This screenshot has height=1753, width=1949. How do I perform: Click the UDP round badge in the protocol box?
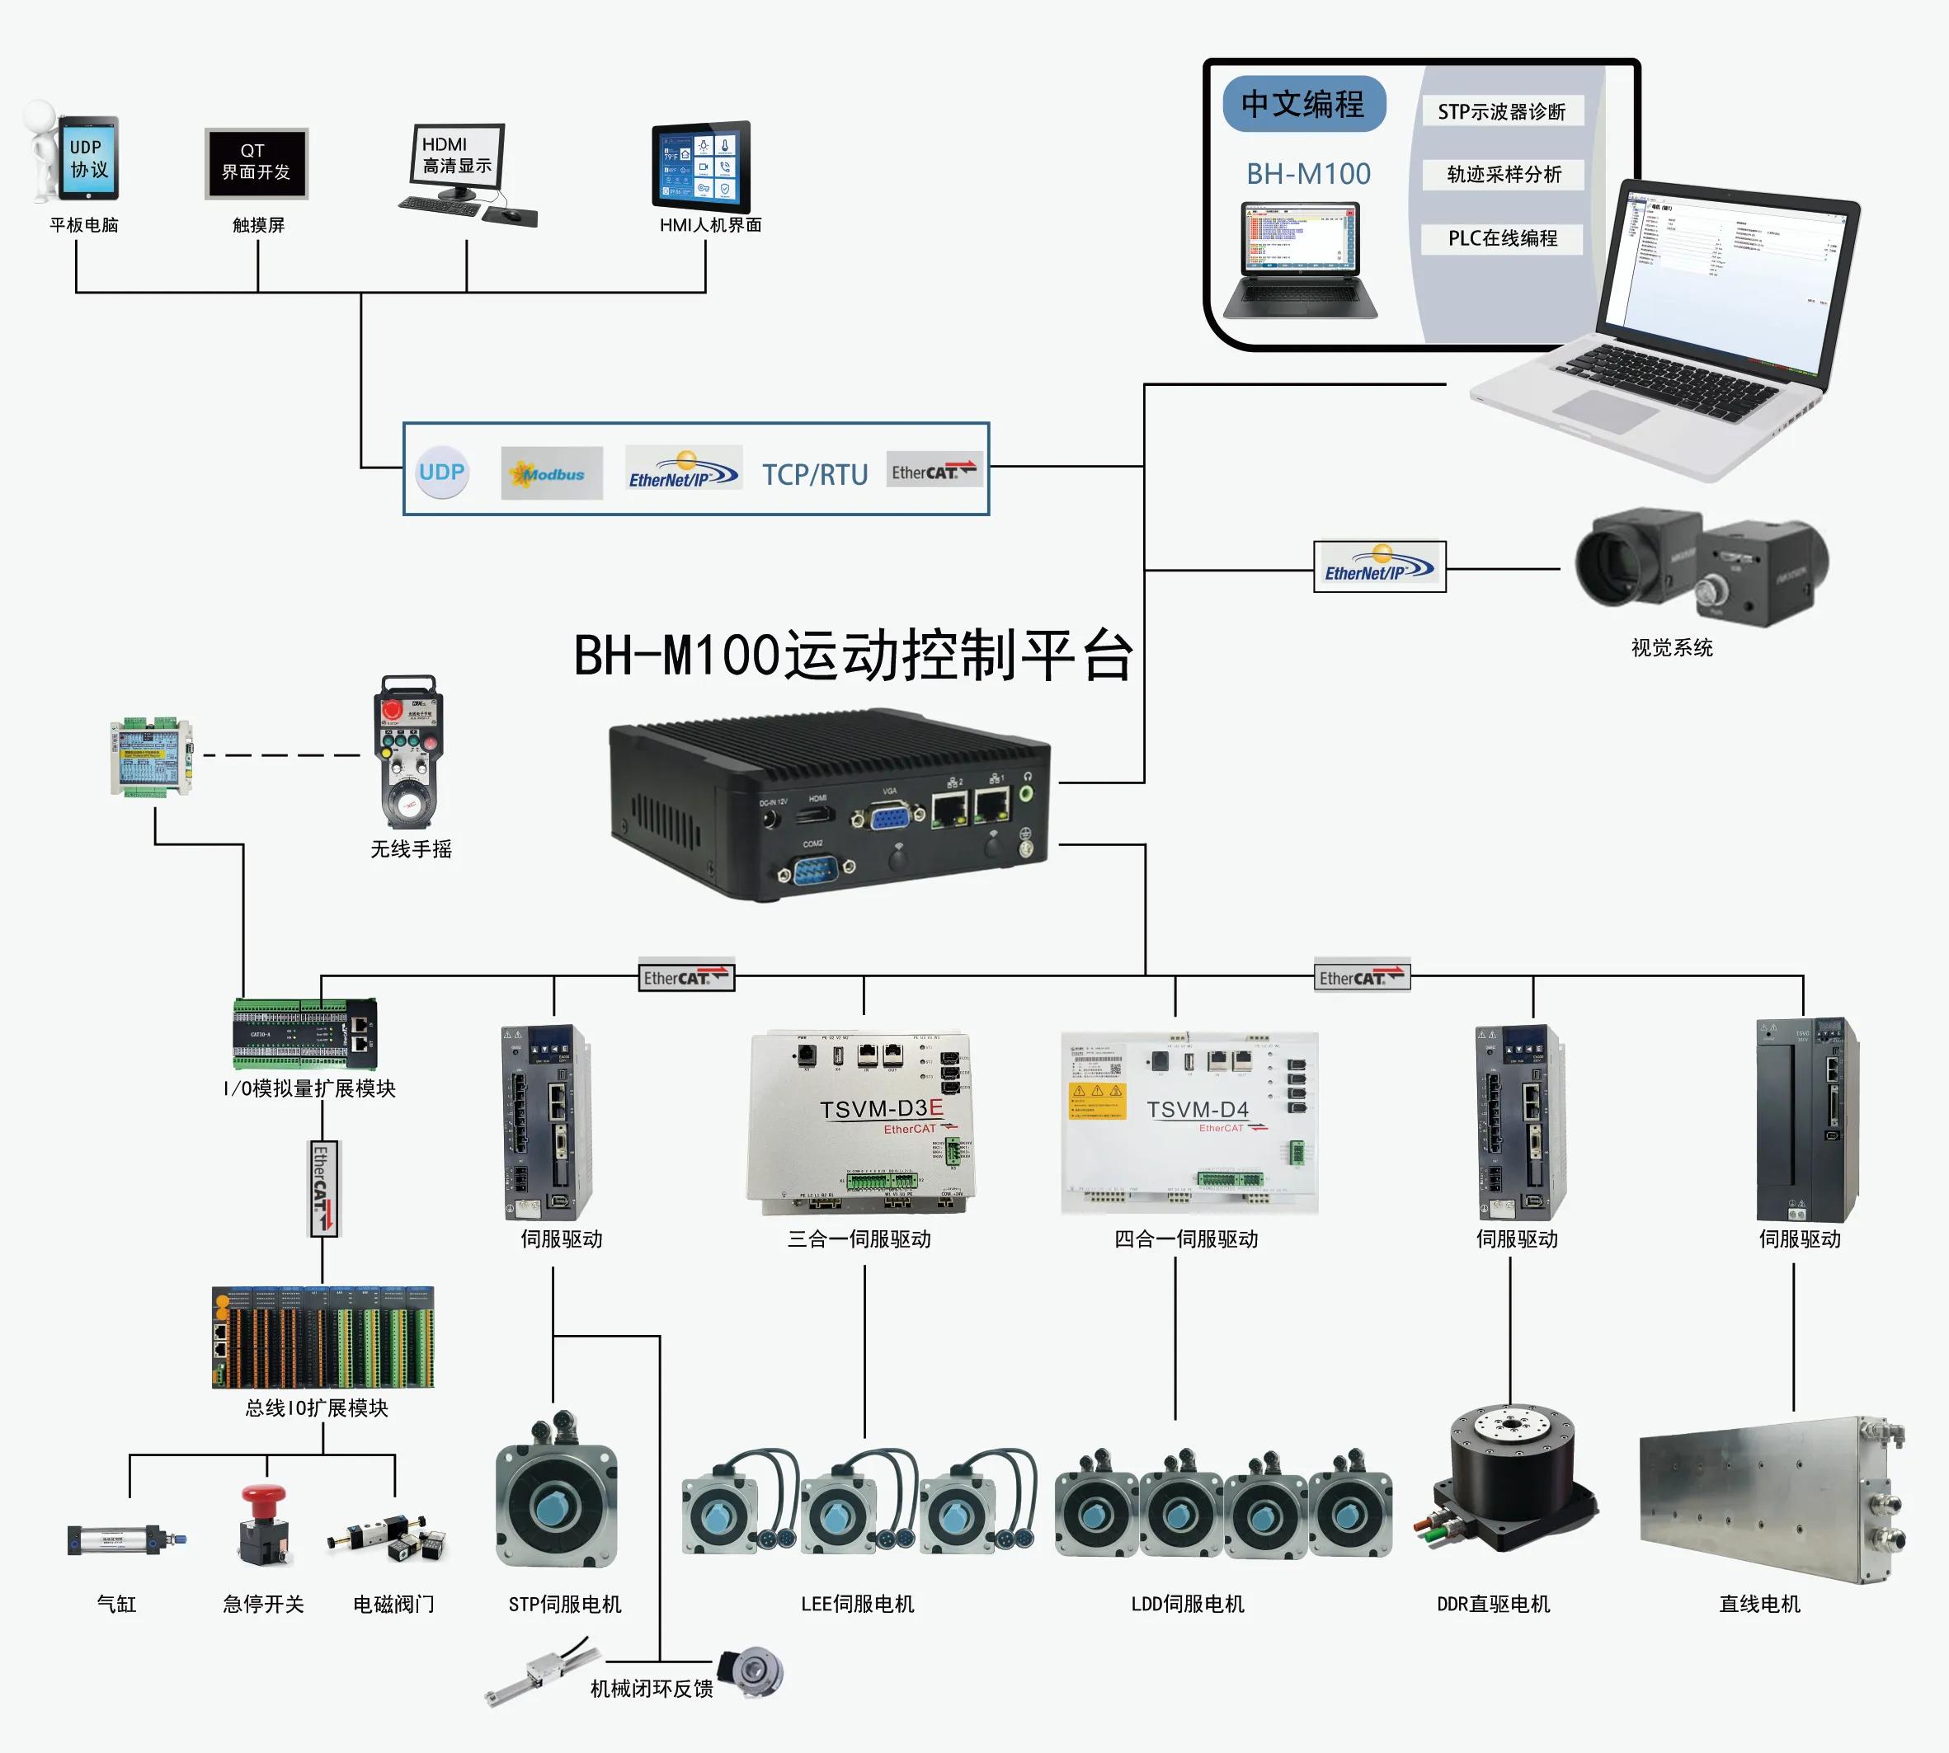pos(442,472)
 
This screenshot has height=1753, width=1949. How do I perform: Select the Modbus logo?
pos(551,473)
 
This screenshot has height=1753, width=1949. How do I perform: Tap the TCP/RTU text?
pos(815,474)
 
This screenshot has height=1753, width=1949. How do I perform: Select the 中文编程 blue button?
pos(1302,104)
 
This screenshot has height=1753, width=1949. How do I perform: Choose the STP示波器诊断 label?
pos(1501,112)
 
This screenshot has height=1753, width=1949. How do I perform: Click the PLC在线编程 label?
pos(1502,238)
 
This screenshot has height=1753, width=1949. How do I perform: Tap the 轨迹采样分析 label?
pos(1503,174)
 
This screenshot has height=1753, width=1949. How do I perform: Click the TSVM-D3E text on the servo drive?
pos(882,1109)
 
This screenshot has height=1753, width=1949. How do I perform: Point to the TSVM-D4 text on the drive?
pos(1197,1110)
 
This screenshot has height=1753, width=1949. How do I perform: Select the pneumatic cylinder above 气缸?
pos(125,1539)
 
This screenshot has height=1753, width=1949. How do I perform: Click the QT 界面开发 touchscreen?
pos(257,162)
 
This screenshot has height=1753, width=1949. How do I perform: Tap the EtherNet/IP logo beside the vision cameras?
pos(1380,566)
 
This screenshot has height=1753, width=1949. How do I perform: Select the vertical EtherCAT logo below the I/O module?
pos(322,1187)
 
